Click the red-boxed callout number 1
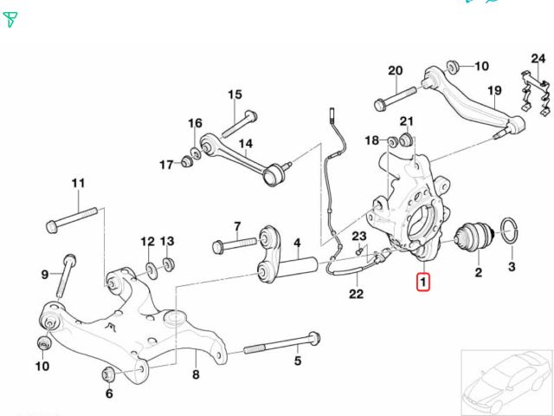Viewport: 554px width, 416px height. tap(423, 281)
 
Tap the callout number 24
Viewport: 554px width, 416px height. tap(538, 59)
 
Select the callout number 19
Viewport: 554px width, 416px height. tap(494, 91)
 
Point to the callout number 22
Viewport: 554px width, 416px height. tap(356, 294)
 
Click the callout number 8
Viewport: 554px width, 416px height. tap(196, 375)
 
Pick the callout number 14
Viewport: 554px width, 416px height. tap(246, 144)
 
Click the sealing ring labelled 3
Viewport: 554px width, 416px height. tap(511, 235)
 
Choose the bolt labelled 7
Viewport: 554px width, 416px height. tap(234, 244)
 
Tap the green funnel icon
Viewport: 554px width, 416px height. tap(10, 19)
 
